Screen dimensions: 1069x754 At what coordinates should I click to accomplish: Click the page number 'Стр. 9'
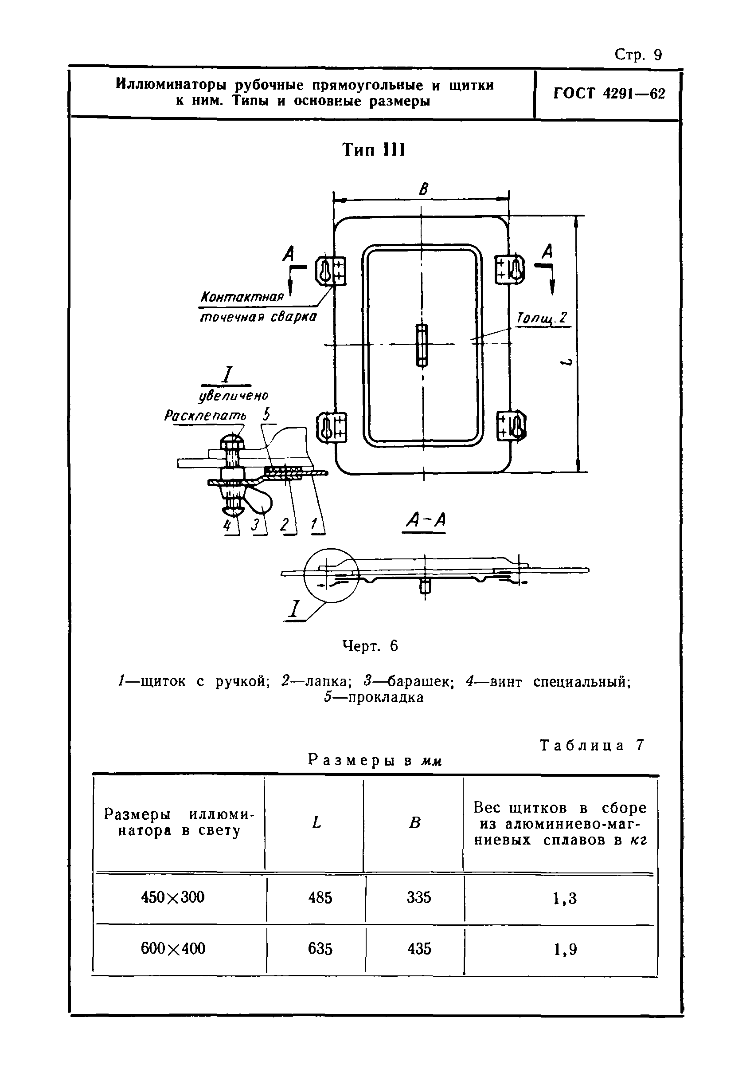[x=638, y=55]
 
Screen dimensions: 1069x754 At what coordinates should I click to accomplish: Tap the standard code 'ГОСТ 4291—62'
[x=609, y=94]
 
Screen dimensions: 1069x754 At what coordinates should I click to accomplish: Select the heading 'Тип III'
[x=374, y=150]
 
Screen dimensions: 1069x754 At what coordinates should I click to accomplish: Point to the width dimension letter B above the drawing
[x=423, y=189]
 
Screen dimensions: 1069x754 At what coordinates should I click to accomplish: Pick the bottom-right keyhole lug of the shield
[x=512, y=425]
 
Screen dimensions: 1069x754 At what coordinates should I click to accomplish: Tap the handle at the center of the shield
[x=422, y=345]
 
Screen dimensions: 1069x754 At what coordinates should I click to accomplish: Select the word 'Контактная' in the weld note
[x=242, y=297]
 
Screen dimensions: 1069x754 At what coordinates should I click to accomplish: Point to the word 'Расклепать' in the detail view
[x=205, y=416]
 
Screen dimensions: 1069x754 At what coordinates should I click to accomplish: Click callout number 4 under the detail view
[x=227, y=525]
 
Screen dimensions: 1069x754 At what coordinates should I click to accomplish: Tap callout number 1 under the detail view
[x=315, y=525]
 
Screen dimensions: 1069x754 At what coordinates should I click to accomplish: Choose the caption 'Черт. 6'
[x=370, y=646]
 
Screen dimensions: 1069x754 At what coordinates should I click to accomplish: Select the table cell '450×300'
[x=172, y=897]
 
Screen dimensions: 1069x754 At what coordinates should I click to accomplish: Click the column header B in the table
[x=414, y=823]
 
